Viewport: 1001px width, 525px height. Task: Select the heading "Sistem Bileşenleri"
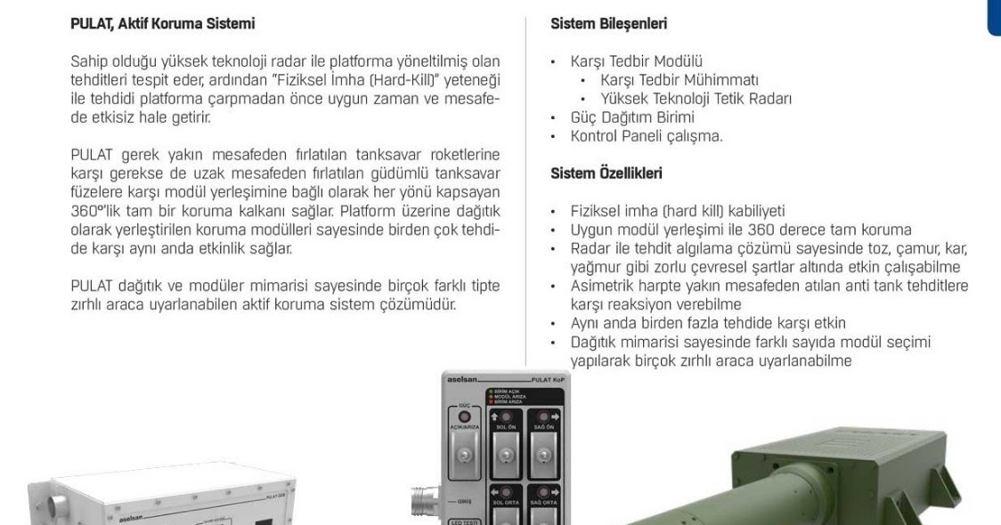coord(609,25)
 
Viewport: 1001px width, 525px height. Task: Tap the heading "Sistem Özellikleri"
coord(606,174)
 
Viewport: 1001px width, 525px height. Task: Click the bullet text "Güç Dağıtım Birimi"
coord(632,117)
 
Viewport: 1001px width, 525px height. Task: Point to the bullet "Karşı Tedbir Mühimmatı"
coord(680,80)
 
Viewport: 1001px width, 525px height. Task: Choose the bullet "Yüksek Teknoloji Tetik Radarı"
coord(696,99)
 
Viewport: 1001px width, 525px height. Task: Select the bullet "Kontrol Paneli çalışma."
coord(647,136)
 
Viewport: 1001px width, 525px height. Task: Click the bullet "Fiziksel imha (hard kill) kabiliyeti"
coord(677,212)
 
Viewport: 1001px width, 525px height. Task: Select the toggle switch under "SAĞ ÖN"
coord(543,456)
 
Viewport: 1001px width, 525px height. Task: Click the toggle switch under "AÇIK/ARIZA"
coord(462,456)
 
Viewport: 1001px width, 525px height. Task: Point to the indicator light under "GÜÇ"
coord(462,417)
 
